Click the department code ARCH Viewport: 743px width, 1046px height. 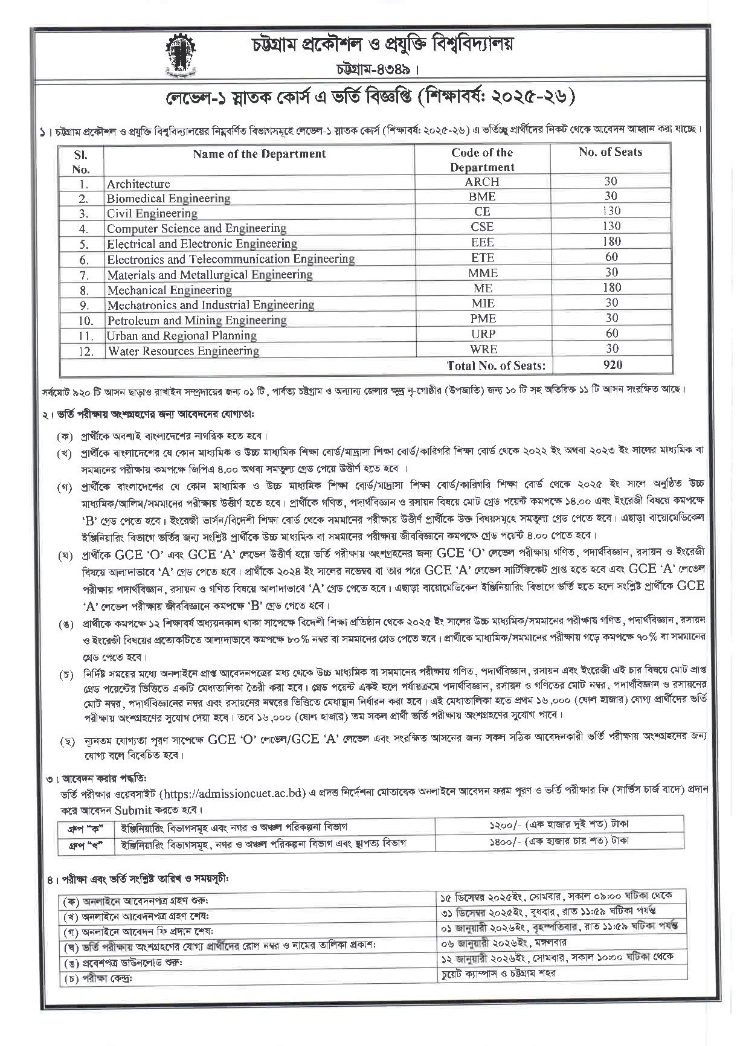(481, 182)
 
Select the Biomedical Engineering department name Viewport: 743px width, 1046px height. (169, 198)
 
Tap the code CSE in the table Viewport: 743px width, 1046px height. (481, 227)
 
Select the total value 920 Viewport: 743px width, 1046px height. (611, 365)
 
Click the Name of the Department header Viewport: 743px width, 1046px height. (259, 154)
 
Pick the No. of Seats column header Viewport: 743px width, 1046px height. (610, 152)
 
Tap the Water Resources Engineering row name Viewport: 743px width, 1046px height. (184, 351)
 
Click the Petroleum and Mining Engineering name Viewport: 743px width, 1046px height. (197, 320)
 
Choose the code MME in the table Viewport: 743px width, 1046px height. (481, 273)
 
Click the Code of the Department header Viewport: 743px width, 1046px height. (481, 160)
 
